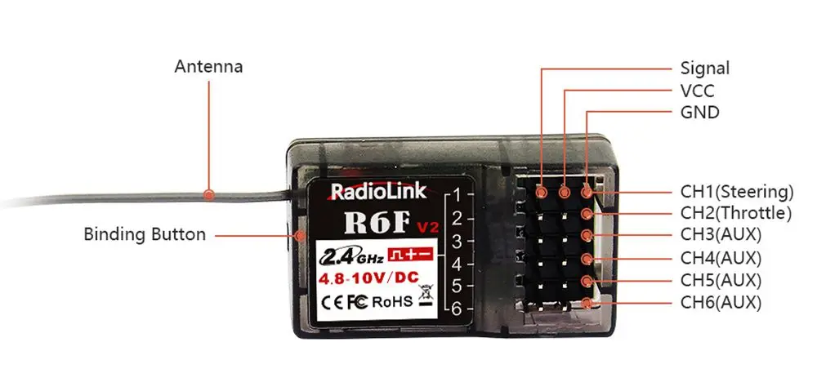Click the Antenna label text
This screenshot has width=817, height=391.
(208, 66)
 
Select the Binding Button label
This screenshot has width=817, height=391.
(145, 235)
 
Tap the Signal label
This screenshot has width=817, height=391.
(704, 69)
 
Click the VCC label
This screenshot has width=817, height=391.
(697, 91)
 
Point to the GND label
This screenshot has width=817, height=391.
(699, 113)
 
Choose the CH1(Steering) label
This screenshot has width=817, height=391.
(737, 193)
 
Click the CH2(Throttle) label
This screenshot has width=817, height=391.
(736, 214)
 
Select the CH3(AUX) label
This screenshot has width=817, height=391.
(721, 236)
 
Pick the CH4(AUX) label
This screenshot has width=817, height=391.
(721, 259)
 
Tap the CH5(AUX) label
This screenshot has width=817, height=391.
(721, 281)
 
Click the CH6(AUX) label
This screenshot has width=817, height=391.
(721, 303)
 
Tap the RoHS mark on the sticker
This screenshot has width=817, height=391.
(393, 301)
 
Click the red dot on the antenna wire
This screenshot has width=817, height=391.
(210, 195)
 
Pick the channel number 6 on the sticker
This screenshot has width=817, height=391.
(458, 309)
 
